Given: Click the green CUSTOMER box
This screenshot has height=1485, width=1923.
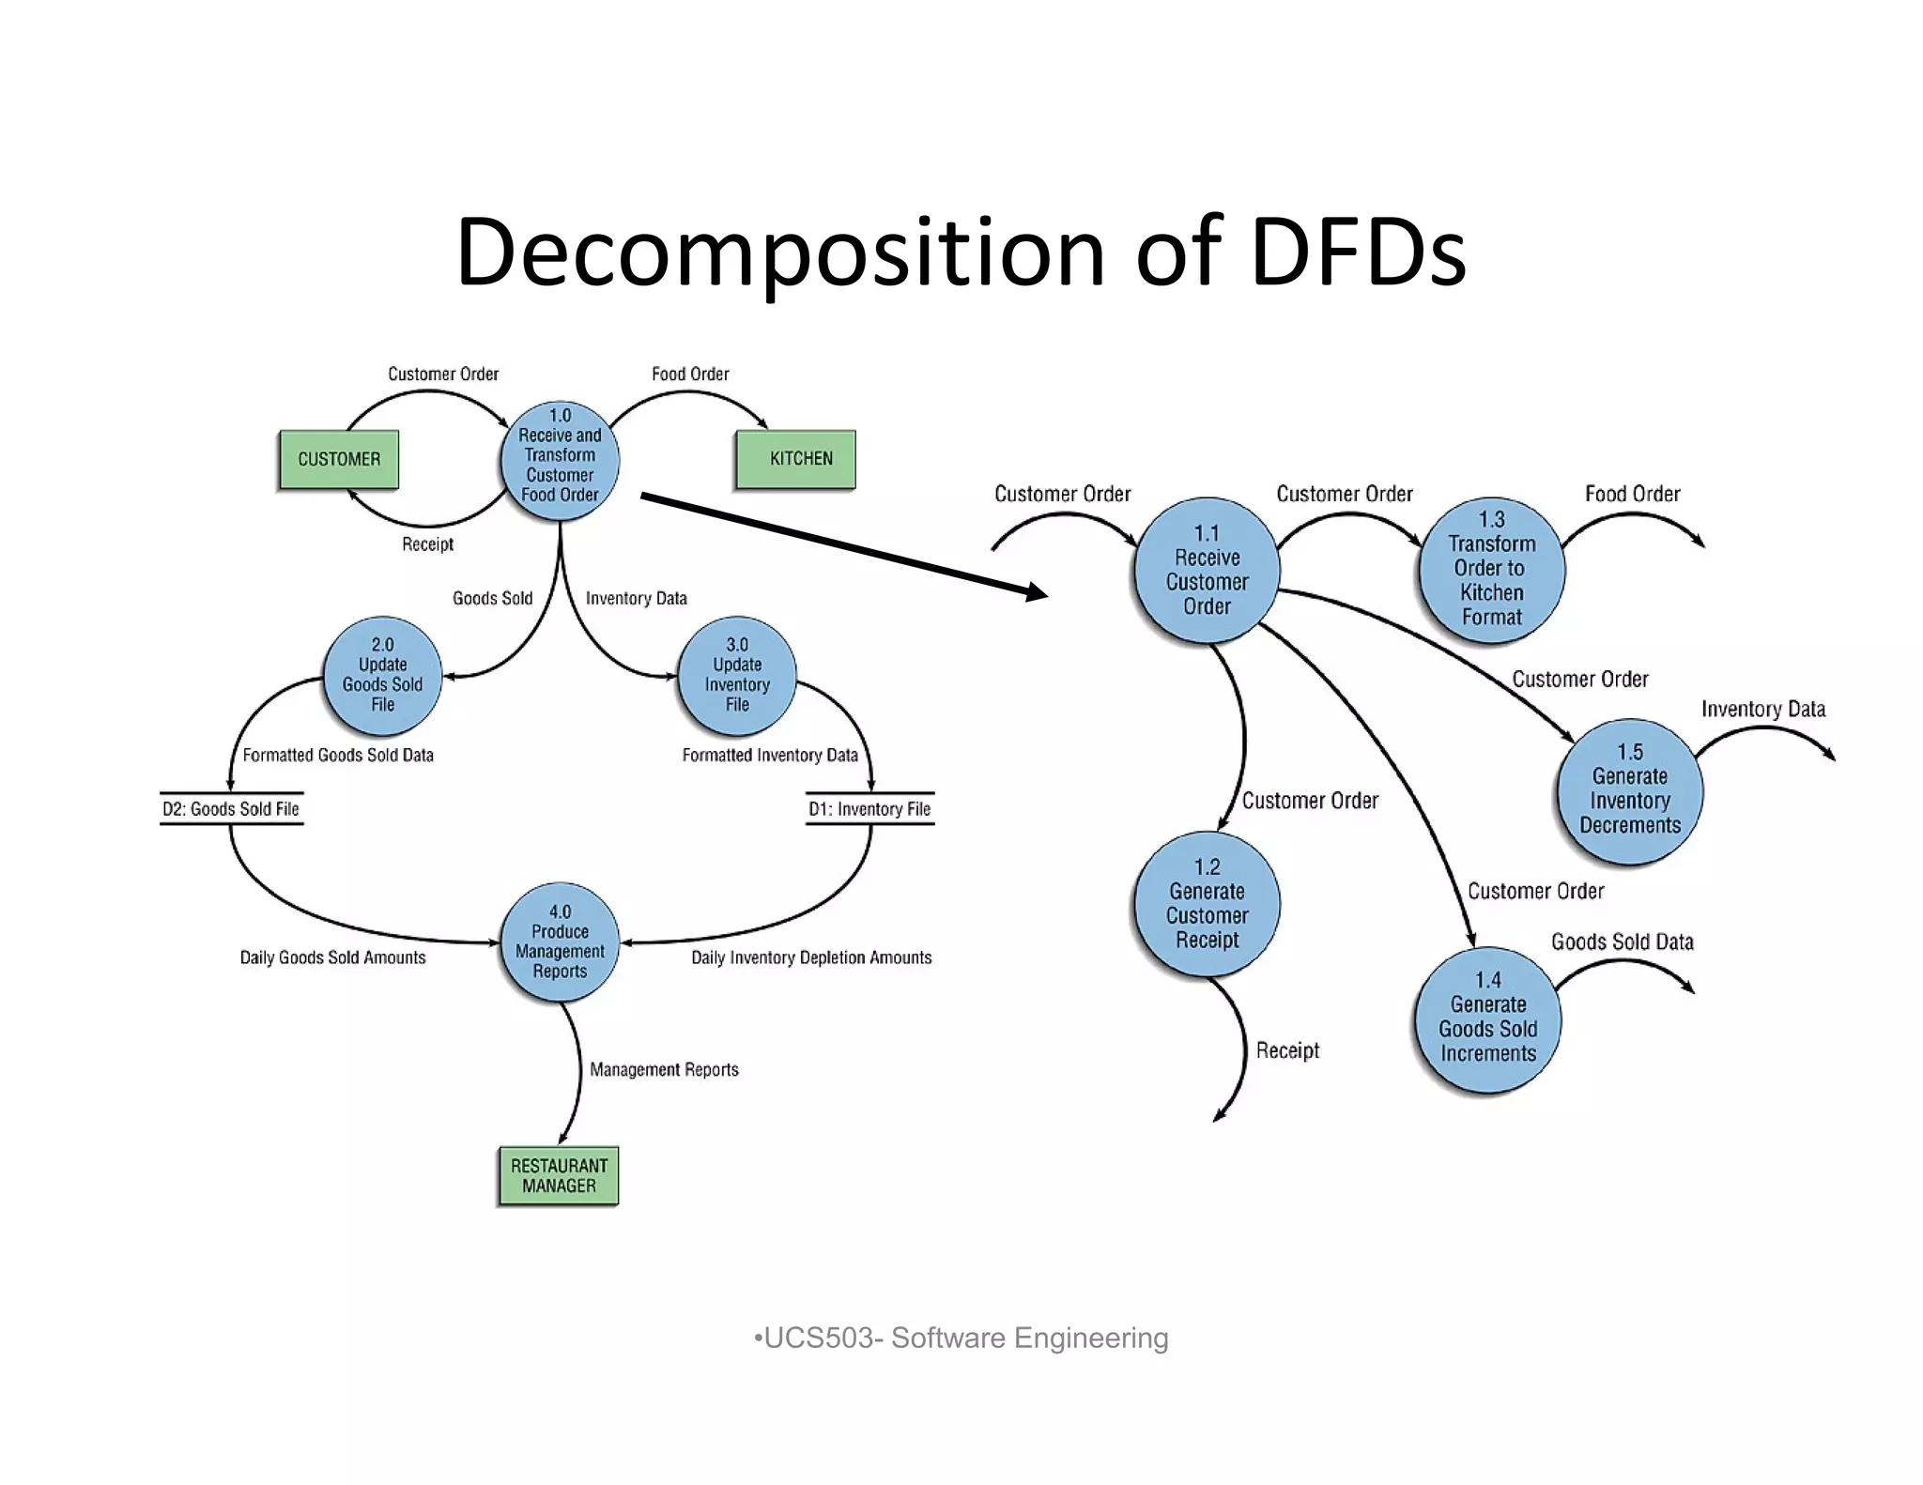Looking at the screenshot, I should [339, 459].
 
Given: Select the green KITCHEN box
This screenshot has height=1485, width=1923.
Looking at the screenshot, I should [795, 459].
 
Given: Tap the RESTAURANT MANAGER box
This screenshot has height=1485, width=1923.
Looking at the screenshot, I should [559, 1175].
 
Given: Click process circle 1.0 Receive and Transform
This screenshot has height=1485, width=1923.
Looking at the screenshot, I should [560, 459].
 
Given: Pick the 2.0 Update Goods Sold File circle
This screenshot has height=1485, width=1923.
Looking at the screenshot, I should [382, 675].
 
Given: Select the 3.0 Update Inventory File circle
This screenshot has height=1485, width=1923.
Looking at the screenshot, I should [737, 675].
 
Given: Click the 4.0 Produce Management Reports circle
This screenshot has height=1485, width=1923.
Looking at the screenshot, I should [560, 942].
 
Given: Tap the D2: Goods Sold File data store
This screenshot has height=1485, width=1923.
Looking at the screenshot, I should [231, 808].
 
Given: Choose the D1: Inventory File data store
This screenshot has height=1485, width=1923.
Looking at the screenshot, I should [869, 808].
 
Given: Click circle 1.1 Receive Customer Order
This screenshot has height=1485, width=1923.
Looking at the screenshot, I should [1207, 570].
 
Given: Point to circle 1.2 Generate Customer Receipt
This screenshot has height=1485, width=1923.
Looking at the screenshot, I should [1207, 903].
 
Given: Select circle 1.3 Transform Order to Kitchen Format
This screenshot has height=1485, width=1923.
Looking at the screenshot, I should [1491, 569].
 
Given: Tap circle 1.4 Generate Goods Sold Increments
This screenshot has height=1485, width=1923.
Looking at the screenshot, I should [1488, 1018].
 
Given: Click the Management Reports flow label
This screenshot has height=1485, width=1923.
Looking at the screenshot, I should [664, 1069].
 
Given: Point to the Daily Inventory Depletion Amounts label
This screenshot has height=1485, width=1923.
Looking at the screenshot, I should [811, 957].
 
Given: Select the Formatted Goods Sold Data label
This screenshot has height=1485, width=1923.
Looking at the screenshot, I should [338, 755].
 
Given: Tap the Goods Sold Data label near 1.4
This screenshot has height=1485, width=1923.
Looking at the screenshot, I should [1622, 942].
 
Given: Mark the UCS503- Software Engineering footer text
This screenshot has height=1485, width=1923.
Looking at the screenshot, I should [961, 1338].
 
